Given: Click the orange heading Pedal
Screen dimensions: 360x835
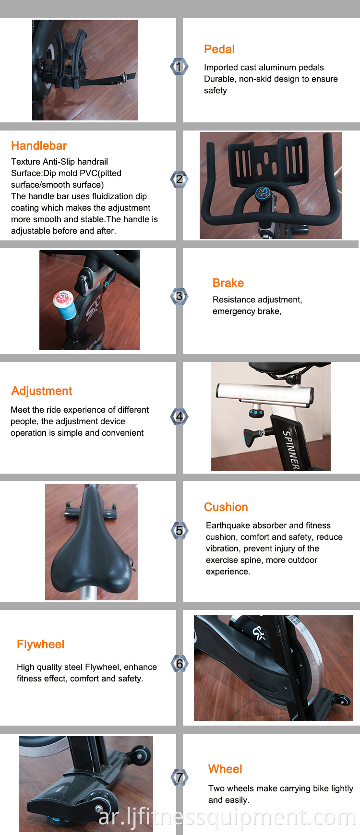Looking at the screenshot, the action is click(219, 49).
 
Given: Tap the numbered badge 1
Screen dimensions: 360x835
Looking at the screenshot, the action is click(179, 67).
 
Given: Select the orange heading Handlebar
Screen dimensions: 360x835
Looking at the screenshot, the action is click(39, 146).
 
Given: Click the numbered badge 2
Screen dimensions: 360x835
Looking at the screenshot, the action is click(179, 179).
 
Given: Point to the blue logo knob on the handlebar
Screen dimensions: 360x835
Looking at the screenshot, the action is click(263, 193).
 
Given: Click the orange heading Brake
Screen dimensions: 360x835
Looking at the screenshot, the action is click(228, 283).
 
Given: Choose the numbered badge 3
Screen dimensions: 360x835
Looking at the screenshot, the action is click(179, 296).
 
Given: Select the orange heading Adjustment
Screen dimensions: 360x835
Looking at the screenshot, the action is click(42, 391).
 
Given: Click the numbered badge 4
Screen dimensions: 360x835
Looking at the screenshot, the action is click(179, 417).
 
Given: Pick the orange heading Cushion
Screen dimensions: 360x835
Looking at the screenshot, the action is click(226, 507).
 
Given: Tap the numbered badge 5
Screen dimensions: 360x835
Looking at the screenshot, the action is click(179, 530).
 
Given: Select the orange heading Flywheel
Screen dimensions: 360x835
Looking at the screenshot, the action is click(40, 644).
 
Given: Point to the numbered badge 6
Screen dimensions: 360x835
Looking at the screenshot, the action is click(179, 664).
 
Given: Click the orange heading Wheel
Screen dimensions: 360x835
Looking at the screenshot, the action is click(225, 769).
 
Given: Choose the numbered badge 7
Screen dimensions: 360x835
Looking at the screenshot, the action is click(179, 777).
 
